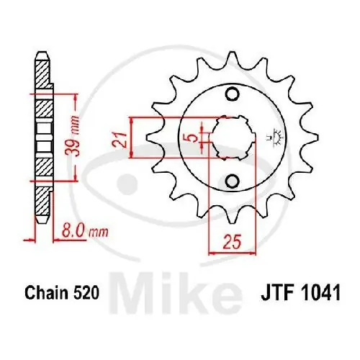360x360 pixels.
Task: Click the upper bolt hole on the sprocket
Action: pyautogui.click(x=231, y=94)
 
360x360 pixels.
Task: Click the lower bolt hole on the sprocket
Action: pyautogui.click(x=231, y=180)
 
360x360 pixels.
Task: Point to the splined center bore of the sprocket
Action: pyautogui.click(x=230, y=137)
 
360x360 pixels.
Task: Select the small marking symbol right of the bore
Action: pyautogui.click(x=274, y=136)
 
